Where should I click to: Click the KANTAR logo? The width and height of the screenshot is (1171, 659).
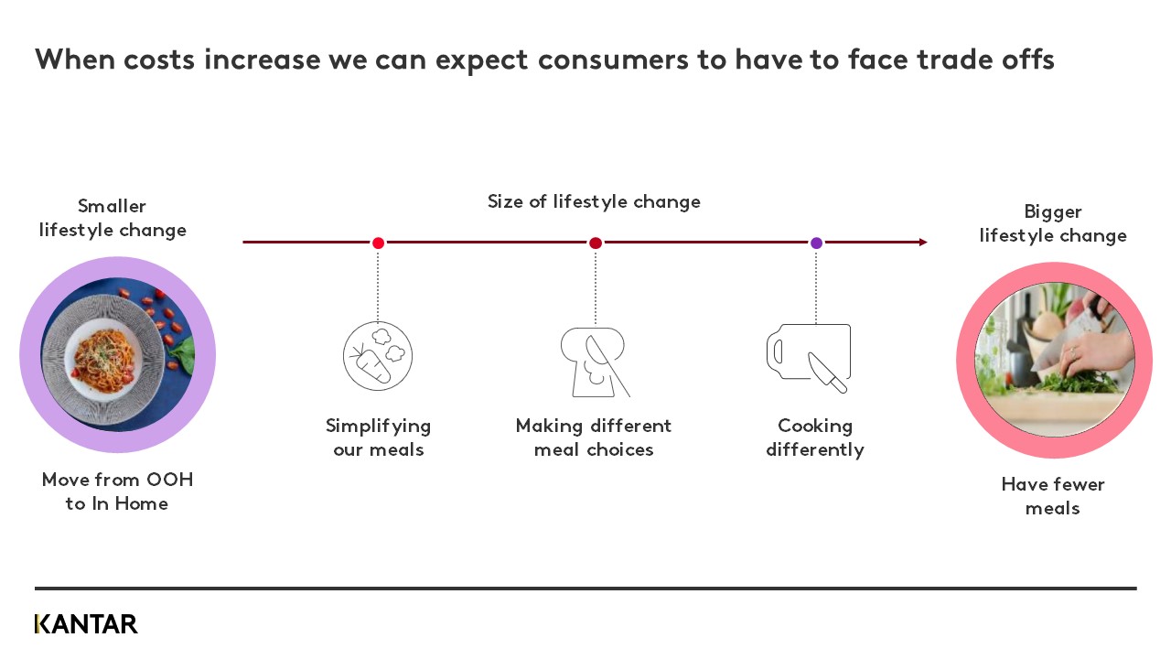pyautogui.click(x=86, y=624)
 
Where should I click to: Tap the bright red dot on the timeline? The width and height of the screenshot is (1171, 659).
pyautogui.click(x=378, y=243)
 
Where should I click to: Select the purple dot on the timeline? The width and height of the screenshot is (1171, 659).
pyautogui.click(x=816, y=243)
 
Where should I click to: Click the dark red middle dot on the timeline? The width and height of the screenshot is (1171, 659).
pyautogui.click(x=596, y=243)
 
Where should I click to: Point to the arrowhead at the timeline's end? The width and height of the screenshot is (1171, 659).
pyautogui.click(x=923, y=243)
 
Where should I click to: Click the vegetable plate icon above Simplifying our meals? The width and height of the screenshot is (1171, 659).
pyautogui.click(x=378, y=356)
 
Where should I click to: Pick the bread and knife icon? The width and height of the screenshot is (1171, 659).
pyautogui.click(x=595, y=362)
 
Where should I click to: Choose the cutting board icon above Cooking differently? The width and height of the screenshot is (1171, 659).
pyautogui.click(x=809, y=358)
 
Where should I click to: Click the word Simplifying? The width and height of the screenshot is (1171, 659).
pyautogui.click(x=378, y=427)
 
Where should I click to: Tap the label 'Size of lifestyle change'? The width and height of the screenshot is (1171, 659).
pyautogui.click(x=594, y=202)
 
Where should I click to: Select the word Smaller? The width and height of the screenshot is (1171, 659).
pyautogui.click(x=112, y=206)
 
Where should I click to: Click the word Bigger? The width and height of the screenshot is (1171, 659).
pyautogui.click(x=1053, y=212)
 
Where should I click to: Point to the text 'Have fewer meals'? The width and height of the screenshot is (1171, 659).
pyautogui.click(x=1053, y=496)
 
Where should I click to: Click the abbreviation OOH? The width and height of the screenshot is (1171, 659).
pyautogui.click(x=170, y=480)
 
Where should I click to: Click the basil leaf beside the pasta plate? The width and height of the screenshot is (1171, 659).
pyautogui.click(x=184, y=353)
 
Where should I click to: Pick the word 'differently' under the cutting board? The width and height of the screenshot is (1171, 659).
pyautogui.click(x=815, y=450)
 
